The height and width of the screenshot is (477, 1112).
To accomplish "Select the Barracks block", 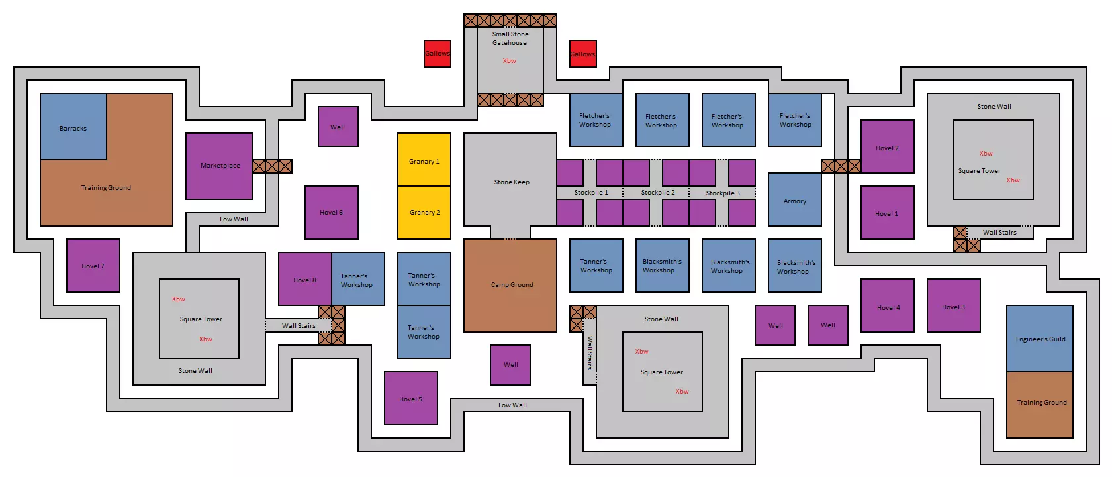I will point(73,127).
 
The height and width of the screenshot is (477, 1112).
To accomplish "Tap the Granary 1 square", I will point(424,160).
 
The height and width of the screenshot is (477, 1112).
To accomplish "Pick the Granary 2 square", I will point(424,213).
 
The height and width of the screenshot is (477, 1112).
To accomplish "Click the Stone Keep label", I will point(512,182).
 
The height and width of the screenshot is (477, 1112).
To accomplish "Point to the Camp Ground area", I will point(510,285).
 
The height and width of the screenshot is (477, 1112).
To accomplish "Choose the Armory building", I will point(795,199).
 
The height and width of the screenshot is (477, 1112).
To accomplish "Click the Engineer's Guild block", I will point(1040,339).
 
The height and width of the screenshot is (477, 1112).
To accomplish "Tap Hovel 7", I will point(93,266).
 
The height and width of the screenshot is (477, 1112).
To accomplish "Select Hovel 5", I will point(411,398).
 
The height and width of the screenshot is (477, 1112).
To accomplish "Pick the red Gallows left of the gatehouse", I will point(438,54).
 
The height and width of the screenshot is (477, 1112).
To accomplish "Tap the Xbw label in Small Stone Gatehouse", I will point(509,61).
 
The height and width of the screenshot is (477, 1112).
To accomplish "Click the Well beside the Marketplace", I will point(338,127).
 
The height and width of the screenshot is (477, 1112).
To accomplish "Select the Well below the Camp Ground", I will point(510,365).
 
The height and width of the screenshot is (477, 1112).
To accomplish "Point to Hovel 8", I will point(305,279).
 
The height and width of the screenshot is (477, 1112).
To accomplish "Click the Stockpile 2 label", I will point(658,193).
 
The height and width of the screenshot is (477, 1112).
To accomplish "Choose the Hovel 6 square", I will point(332,213).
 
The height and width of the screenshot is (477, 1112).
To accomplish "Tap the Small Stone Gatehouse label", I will point(510,38).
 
